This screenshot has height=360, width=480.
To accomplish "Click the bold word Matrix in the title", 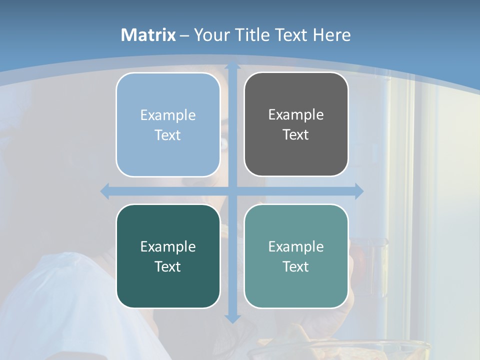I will click(148, 35).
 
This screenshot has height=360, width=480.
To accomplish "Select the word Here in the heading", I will click(331, 35).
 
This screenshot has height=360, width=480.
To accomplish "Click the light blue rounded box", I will click(168, 124).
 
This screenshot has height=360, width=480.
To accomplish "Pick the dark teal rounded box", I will click(168, 256).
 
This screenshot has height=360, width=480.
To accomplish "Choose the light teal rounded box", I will click(296, 256).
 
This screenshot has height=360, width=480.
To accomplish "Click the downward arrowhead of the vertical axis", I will click(232, 318).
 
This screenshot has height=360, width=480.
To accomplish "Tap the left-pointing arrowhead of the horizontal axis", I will click(105, 191).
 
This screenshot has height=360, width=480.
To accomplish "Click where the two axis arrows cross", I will click(232, 191).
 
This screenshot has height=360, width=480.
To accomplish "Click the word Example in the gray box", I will click(296, 114).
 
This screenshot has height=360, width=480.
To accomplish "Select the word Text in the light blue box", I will click(168, 135).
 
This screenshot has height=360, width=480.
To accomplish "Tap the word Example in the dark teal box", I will click(168, 246).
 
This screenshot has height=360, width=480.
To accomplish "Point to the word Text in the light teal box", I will click(296, 266).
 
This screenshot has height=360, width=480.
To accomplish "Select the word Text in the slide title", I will click(292, 35).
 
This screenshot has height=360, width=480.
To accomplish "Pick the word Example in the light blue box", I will click(168, 115).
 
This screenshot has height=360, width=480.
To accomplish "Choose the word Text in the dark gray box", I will click(296, 134).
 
